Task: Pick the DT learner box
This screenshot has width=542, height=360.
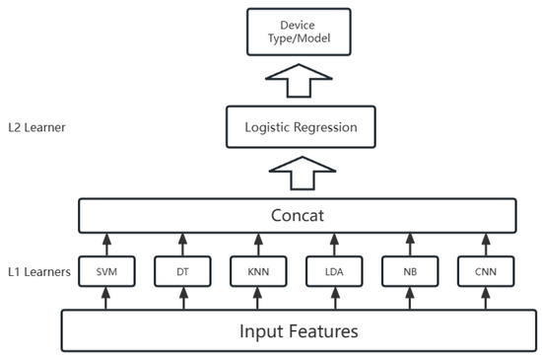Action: (182, 270)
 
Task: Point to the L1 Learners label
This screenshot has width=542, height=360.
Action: (36, 270)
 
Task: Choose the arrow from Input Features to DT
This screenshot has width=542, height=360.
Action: (182, 297)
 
